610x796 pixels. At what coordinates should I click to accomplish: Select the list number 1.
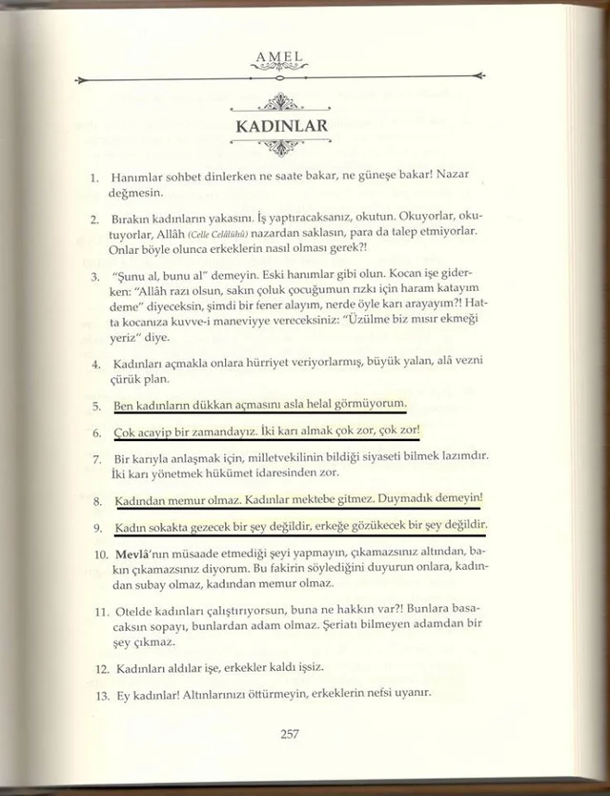point(94,178)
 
